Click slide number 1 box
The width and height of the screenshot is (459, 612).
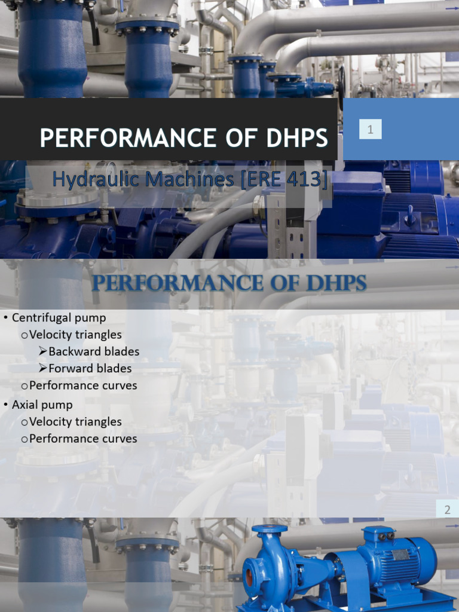(370, 129)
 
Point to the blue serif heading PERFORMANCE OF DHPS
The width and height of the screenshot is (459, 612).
(229, 282)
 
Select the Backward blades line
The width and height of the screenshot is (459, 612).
(93, 351)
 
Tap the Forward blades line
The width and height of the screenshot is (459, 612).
(90, 368)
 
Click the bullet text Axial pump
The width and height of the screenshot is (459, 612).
(42, 405)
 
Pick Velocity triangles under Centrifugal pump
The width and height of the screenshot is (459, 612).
(75, 335)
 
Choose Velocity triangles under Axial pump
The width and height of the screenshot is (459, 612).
(75, 421)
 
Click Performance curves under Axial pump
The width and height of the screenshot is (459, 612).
(83, 439)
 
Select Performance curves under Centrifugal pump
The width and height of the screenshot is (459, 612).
(83, 385)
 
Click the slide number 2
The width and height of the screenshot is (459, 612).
(447, 510)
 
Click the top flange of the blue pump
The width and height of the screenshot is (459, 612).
(269, 528)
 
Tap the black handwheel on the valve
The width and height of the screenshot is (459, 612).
(341, 87)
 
